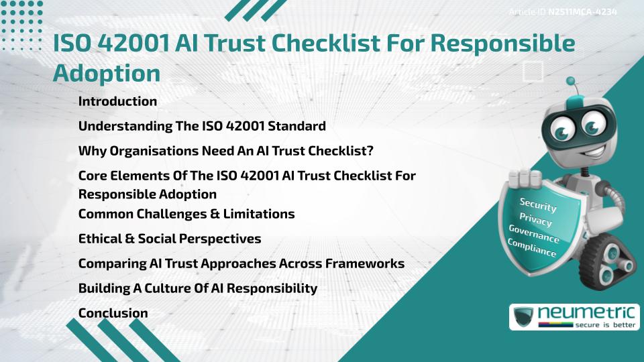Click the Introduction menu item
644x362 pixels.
[117, 102]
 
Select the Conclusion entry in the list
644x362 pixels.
[113, 313]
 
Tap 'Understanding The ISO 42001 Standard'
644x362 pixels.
[202, 126]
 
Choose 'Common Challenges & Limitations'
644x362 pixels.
[186, 215]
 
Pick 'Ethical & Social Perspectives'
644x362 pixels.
[170, 239]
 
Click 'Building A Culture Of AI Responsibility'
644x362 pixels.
[197, 288]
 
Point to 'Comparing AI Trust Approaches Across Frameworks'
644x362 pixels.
[241, 263]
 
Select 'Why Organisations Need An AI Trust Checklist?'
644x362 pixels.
[225, 151]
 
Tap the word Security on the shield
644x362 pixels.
[538, 205]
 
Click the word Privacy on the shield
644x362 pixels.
[536, 220]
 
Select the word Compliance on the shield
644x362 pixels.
[532, 249]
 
